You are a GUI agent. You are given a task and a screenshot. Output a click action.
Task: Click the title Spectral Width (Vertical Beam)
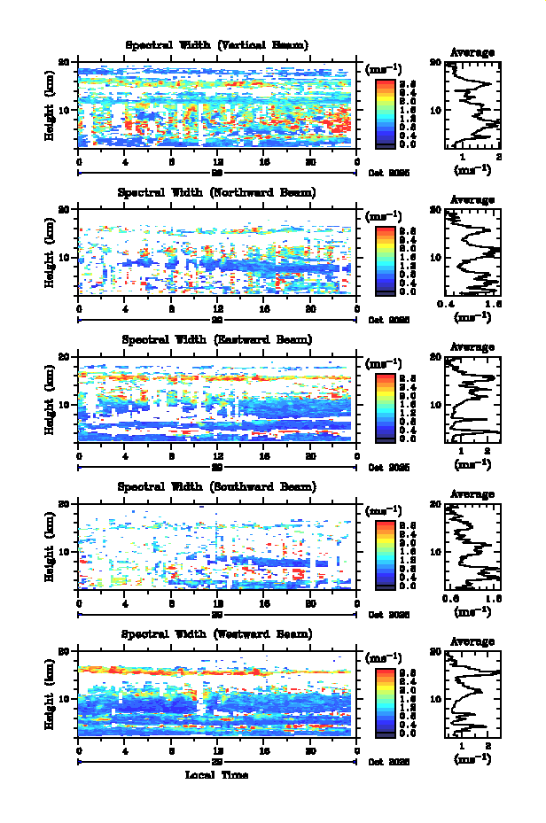click(x=216, y=45)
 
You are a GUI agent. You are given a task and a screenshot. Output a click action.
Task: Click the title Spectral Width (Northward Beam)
click(x=216, y=192)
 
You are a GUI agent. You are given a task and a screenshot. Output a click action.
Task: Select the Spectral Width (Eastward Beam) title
click(x=216, y=339)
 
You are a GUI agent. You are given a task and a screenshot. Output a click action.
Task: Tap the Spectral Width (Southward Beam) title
click(x=216, y=486)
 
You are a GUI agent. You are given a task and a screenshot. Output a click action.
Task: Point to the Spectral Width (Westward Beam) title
click(x=216, y=633)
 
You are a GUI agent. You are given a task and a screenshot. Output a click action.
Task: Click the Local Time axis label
click(x=216, y=775)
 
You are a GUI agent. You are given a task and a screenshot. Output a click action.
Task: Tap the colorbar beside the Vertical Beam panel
click(x=386, y=112)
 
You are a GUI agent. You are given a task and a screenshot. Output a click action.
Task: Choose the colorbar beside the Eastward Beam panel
click(x=386, y=406)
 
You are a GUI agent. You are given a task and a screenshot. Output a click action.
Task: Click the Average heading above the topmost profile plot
click(x=472, y=52)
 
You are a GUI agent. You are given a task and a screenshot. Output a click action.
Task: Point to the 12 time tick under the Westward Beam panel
click(x=217, y=749)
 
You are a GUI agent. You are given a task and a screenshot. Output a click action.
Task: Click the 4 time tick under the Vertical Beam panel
click(x=125, y=160)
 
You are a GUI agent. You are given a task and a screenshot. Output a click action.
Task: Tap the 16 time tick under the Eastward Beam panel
click(x=263, y=454)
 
